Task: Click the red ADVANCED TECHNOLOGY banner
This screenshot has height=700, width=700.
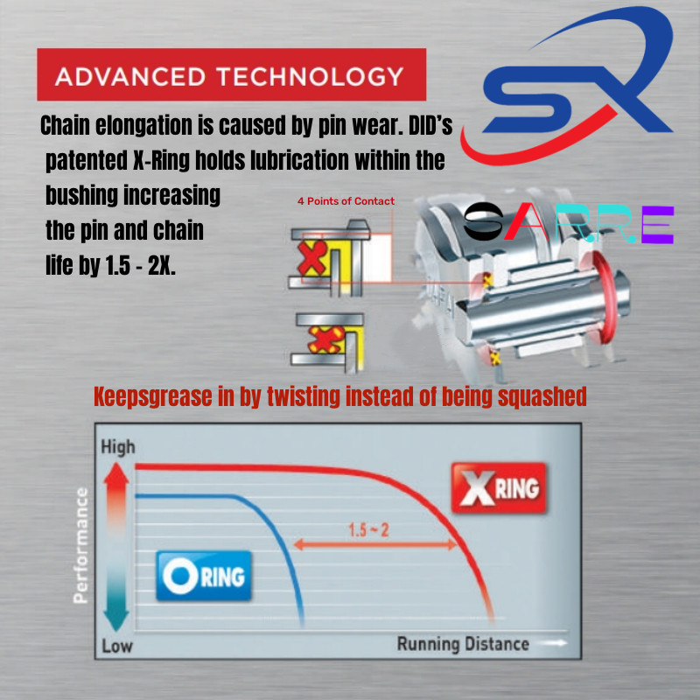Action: (x=231, y=75)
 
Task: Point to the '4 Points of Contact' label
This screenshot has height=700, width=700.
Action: (x=346, y=201)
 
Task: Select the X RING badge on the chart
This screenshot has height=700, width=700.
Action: (x=495, y=488)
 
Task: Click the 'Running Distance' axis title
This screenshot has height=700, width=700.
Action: (x=463, y=645)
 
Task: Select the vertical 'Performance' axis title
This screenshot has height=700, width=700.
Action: (x=81, y=546)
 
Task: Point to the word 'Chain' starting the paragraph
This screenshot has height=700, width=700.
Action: (x=66, y=126)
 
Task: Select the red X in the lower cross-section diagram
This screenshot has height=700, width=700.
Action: (x=323, y=340)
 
